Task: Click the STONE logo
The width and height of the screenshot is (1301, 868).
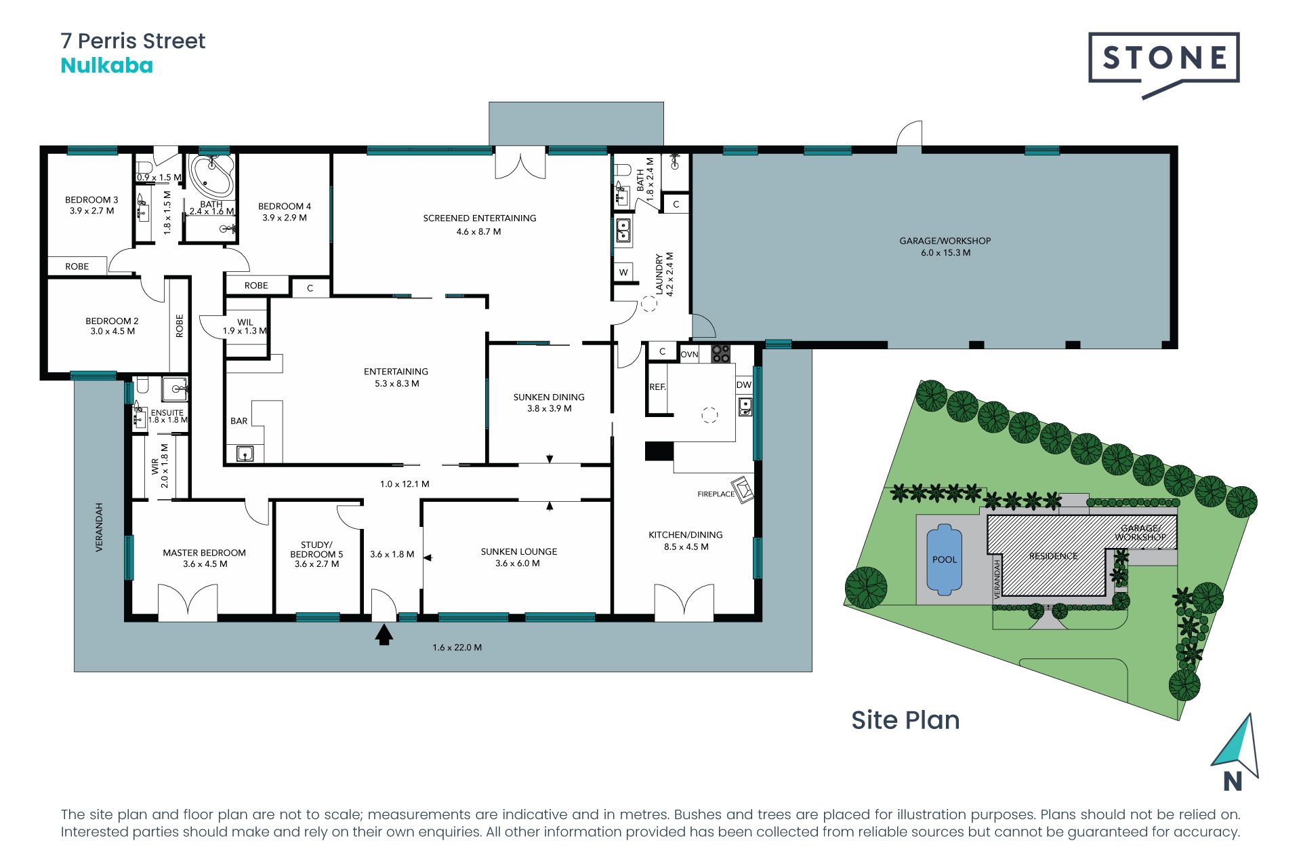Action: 1163,58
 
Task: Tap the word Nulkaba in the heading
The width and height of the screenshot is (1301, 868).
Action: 106,66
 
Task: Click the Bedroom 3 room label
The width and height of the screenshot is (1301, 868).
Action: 91,200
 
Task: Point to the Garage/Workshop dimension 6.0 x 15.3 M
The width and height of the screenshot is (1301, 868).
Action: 945,253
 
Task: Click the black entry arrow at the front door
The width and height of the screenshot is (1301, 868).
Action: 384,635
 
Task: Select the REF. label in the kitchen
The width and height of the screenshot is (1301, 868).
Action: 657,387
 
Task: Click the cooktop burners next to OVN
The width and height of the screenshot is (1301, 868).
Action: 720,354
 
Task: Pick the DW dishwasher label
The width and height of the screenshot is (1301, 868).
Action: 744,384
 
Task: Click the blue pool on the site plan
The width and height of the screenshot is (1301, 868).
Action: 944,559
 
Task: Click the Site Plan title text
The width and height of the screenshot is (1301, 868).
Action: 905,720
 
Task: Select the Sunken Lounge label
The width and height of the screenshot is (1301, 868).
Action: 518,551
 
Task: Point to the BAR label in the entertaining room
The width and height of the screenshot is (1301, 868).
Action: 239,421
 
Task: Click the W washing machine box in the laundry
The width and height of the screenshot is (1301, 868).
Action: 623,272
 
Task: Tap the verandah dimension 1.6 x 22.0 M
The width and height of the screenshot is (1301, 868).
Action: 457,648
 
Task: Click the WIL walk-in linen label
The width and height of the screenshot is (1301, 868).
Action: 245,322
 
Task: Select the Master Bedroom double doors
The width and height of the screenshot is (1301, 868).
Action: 188,602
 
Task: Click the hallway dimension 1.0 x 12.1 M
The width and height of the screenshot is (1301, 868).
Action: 405,484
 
